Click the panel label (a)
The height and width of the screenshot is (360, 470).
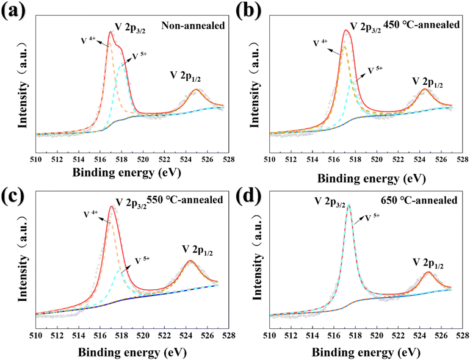13,12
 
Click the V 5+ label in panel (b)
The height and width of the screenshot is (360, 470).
374,70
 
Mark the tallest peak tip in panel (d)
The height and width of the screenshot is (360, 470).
349,205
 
